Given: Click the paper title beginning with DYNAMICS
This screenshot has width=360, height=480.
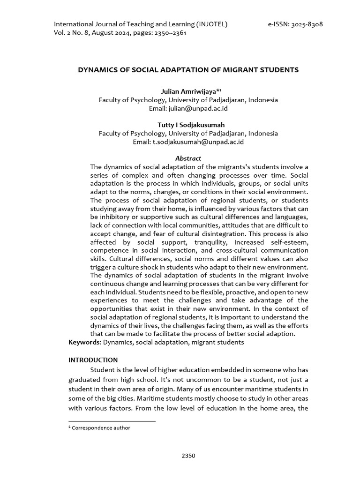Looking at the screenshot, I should point(188,70).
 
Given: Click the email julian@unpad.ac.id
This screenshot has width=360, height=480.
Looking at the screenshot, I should point(188,108).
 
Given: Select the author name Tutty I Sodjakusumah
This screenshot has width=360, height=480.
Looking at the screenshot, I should point(188,125).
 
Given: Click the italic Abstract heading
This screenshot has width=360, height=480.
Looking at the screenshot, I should point(188,158).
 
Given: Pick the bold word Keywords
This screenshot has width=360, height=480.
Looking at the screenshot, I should point(85,343).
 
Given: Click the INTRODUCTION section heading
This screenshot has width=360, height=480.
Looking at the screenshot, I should point(93,360).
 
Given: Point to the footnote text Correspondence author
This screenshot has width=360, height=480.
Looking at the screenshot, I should point(101,427).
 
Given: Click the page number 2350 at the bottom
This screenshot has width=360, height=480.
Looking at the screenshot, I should point(188,456).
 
